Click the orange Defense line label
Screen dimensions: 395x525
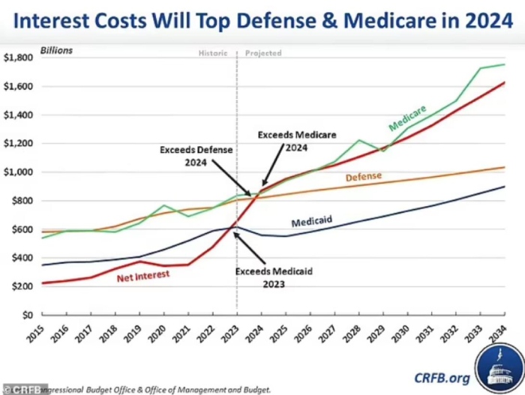pos(364,178)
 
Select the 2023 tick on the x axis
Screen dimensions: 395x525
pos(235,334)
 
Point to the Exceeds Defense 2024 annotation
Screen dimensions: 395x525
pos(196,155)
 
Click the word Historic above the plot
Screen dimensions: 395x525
pos(213,54)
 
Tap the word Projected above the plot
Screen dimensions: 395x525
pos(263,54)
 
